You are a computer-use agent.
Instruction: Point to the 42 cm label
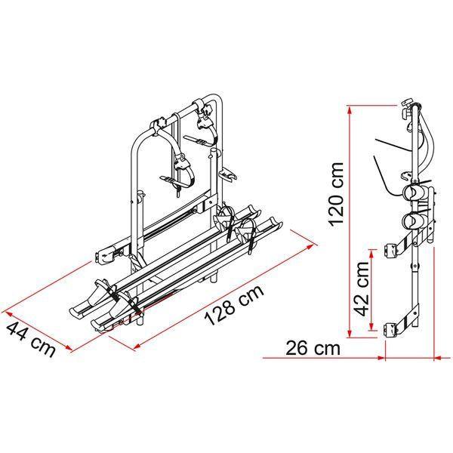pyautogui.click(x=362, y=291)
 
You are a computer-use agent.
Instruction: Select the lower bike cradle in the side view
pyautogui.click(x=416, y=221)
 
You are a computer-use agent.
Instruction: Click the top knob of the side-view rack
pyautogui.click(x=405, y=103)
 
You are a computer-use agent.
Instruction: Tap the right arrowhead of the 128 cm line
pyautogui.click(x=313, y=242)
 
